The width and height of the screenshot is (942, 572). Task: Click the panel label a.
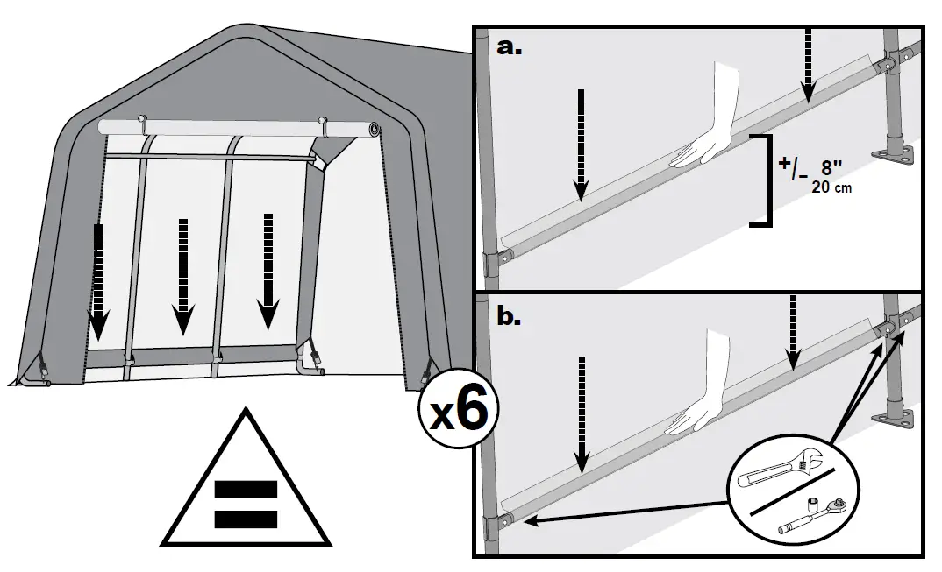coord(510,48)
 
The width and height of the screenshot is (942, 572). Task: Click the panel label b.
coord(510,316)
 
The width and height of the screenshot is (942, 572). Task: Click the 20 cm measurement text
coord(829,187)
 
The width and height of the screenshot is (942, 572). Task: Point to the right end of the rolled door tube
coord(375,131)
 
